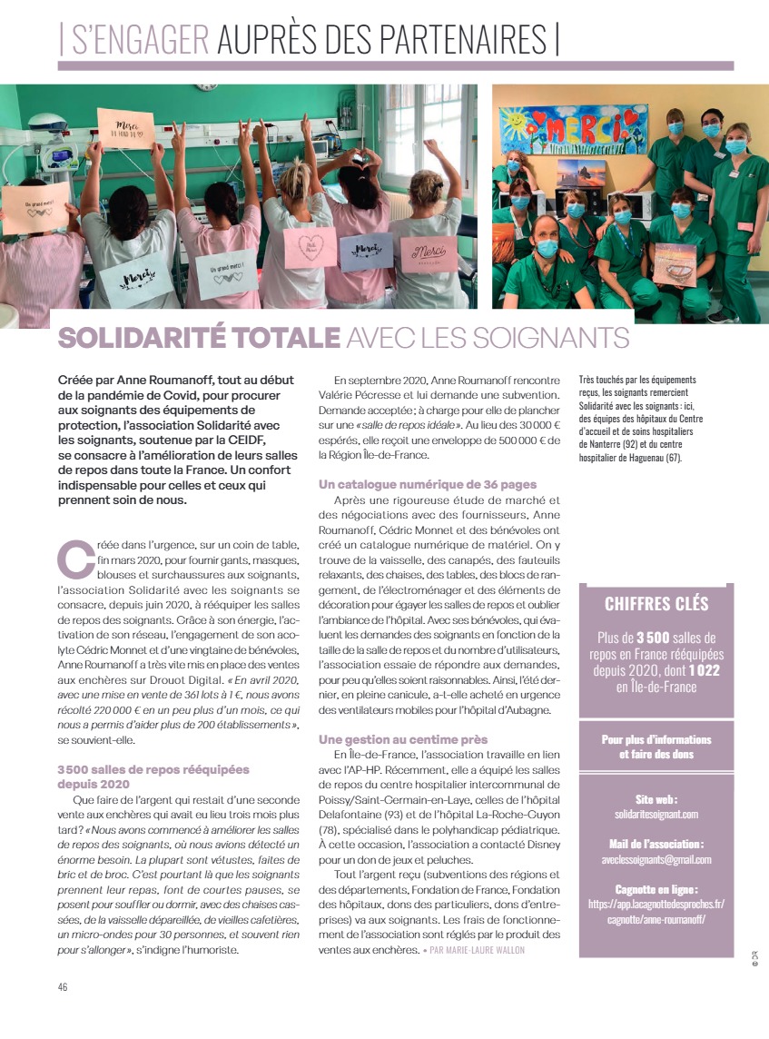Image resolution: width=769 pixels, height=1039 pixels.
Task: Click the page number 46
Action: pyautogui.click(x=63, y=987)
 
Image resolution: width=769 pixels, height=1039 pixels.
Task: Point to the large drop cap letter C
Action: pyautogui.click(x=75, y=559)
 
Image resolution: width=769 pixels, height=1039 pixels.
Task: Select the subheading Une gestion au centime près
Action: pyautogui.click(x=403, y=739)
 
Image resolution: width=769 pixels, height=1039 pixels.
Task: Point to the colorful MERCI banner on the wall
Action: pyautogui.click(x=573, y=129)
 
